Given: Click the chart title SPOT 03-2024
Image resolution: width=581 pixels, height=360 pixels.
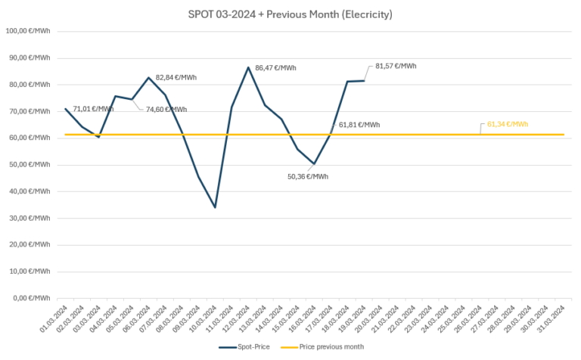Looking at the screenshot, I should (x=290, y=14).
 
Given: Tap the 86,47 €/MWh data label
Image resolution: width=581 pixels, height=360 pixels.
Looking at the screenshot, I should (x=275, y=68).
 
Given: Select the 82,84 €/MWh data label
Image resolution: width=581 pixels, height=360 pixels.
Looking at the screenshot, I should (x=176, y=77).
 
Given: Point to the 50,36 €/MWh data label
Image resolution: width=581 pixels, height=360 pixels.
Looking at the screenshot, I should (x=308, y=176).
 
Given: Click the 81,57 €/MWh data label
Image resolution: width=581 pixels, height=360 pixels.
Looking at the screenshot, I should (x=396, y=66).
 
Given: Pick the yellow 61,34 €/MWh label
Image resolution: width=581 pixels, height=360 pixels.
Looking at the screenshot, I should (x=508, y=124).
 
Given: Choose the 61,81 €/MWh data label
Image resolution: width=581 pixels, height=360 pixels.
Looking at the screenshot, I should (x=359, y=124).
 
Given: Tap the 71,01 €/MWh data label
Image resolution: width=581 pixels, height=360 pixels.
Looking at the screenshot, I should (x=93, y=109).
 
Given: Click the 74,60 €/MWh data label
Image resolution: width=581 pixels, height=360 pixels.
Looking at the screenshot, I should (x=166, y=109).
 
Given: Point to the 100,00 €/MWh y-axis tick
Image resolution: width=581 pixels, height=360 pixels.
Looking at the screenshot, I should (x=27, y=31).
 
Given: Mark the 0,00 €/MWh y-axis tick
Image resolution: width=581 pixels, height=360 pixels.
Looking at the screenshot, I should (x=30, y=297).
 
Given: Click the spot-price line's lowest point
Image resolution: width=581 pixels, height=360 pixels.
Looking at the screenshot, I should (x=215, y=207).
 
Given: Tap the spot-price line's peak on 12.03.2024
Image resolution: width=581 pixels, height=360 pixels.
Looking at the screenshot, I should (x=248, y=67).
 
